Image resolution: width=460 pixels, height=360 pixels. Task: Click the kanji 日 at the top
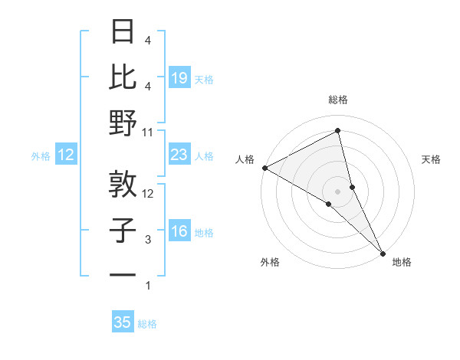pos(123,31)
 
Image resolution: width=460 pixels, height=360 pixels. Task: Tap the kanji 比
pos(123,77)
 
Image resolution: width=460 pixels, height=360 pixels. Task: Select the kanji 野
pos(123,123)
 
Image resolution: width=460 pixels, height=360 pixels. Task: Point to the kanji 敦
pos(123,184)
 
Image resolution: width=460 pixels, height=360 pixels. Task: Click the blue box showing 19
pos(179,77)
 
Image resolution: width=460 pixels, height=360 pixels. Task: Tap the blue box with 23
pos(179,155)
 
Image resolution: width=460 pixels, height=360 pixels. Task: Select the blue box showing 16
pos(179,231)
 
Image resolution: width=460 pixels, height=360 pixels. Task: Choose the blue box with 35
pos(123,322)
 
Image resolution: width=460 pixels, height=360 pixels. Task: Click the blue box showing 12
pos(66,155)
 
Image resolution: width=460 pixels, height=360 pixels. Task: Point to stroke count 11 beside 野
pos(148,132)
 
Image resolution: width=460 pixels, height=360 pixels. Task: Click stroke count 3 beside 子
pos(148,240)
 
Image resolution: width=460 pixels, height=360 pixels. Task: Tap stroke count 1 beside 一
pos(148,286)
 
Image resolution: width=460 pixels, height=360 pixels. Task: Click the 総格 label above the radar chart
pos(337,100)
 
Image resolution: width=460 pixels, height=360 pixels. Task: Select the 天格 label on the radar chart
pos(431,159)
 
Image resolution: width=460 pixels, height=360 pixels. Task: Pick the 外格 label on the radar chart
pos(270,262)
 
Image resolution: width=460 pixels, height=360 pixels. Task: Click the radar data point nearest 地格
pos(383,252)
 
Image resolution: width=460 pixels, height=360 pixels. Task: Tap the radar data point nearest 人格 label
pos(264,167)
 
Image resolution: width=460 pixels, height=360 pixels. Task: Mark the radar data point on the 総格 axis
pos(337,131)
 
